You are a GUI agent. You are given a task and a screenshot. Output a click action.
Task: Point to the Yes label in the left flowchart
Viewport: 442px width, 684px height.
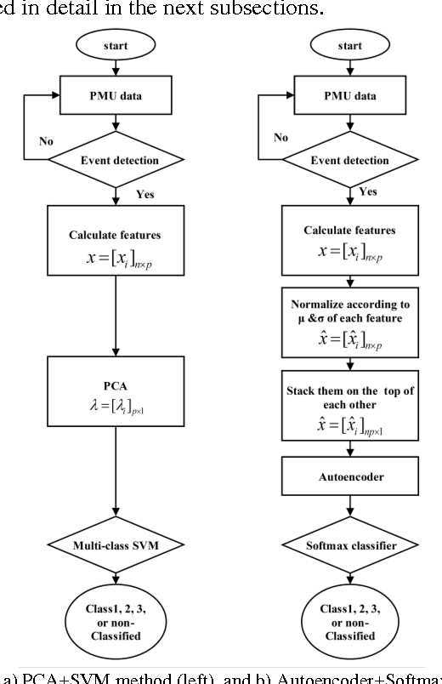[x=145, y=196]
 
